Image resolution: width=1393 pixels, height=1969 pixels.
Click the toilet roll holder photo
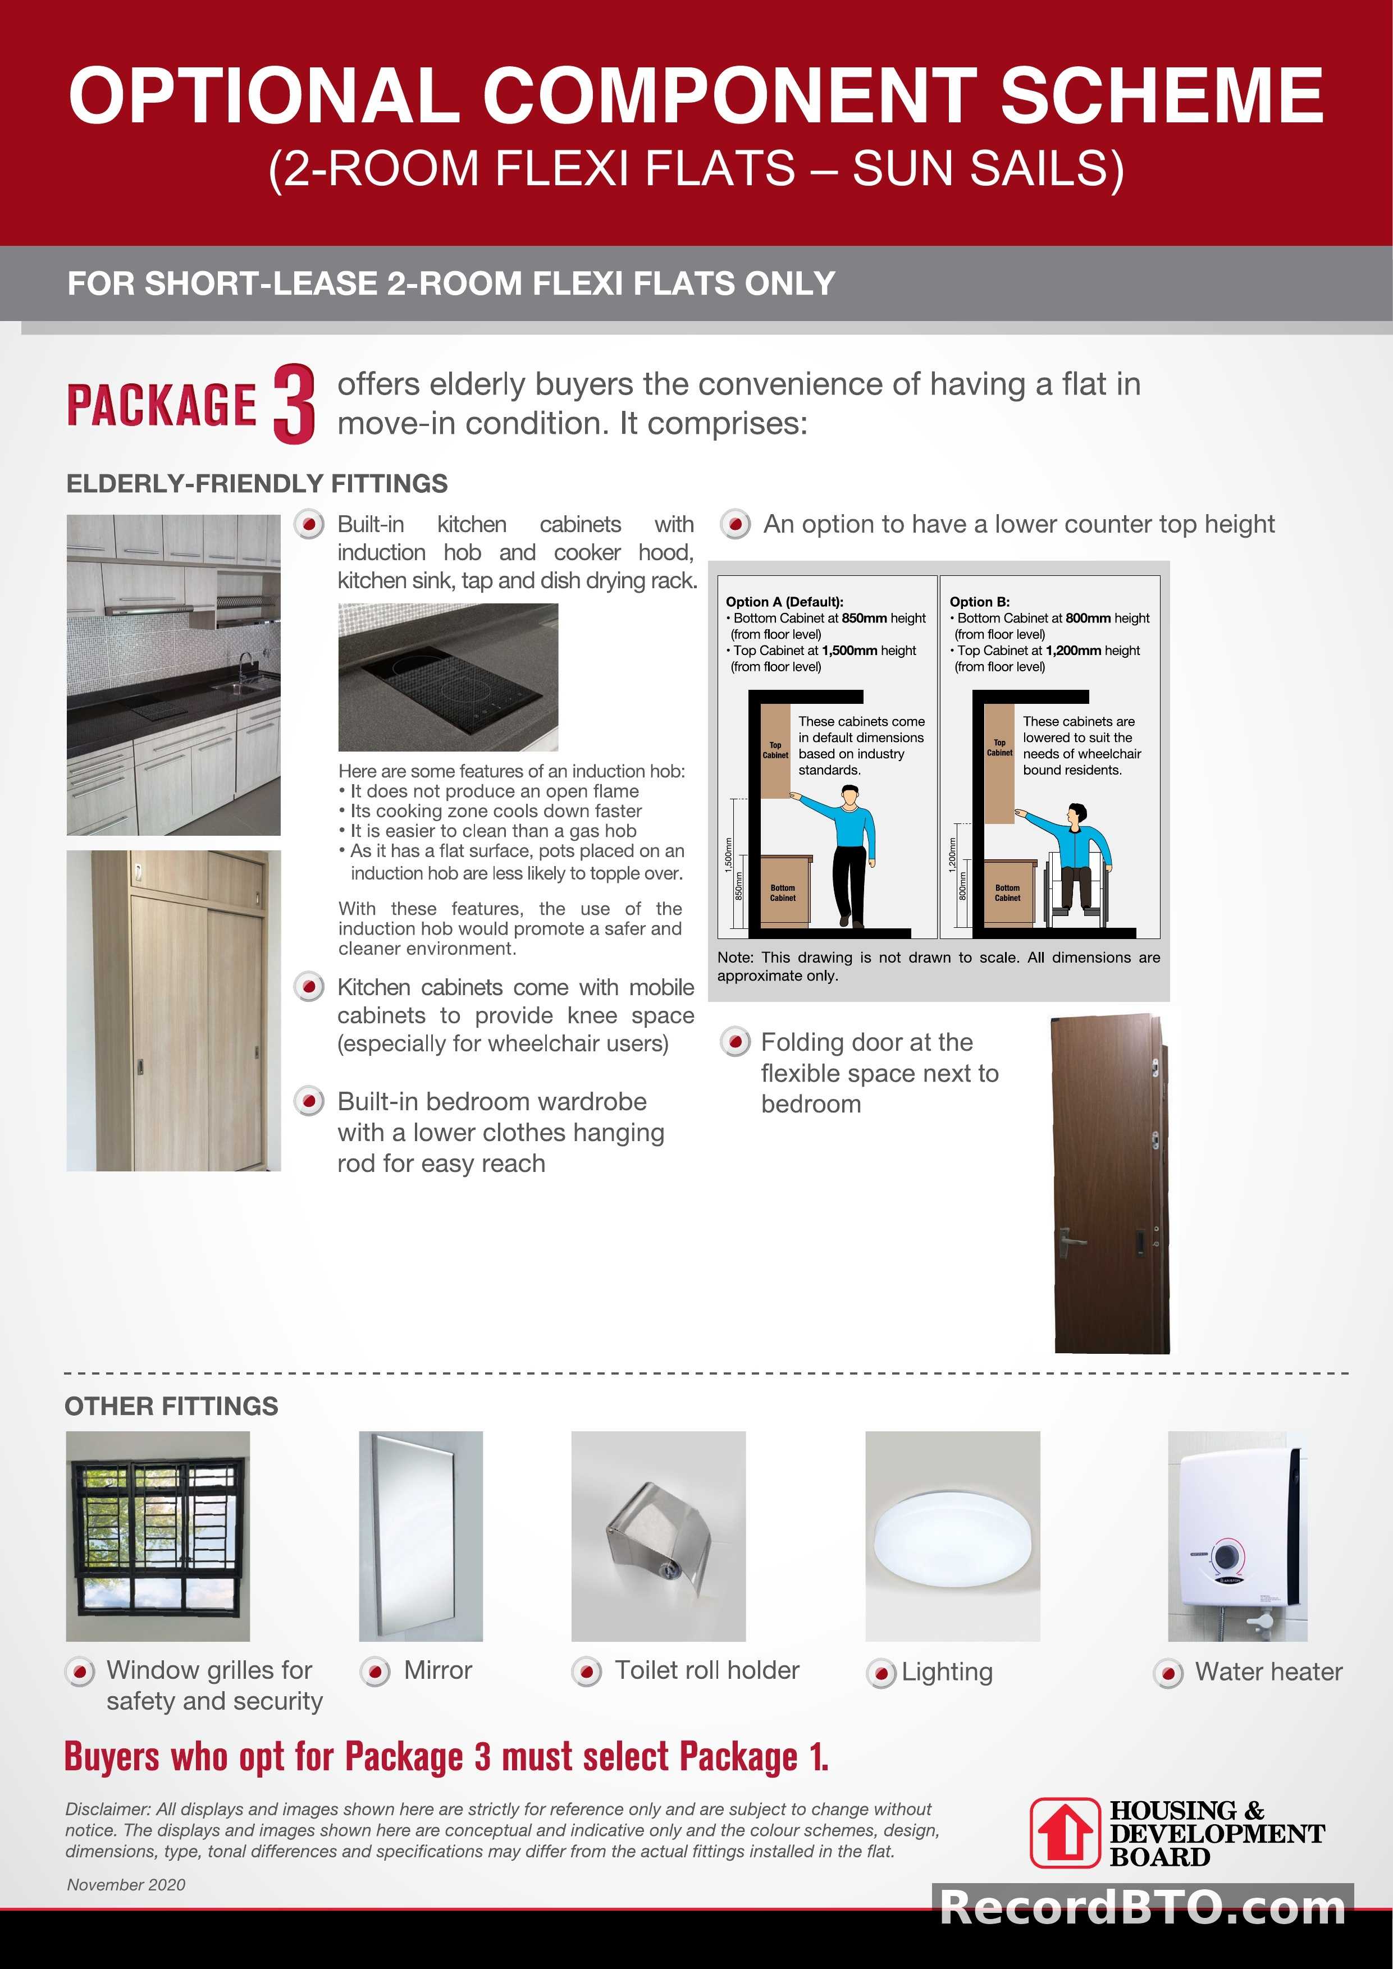click(x=658, y=1537)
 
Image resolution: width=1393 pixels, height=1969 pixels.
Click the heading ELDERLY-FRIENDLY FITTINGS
click(x=257, y=484)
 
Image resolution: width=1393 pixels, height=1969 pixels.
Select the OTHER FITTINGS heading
click(x=172, y=1407)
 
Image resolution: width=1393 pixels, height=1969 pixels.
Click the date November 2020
click(x=126, y=1884)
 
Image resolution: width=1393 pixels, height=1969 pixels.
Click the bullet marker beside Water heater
click(x=1168, y=1673)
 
